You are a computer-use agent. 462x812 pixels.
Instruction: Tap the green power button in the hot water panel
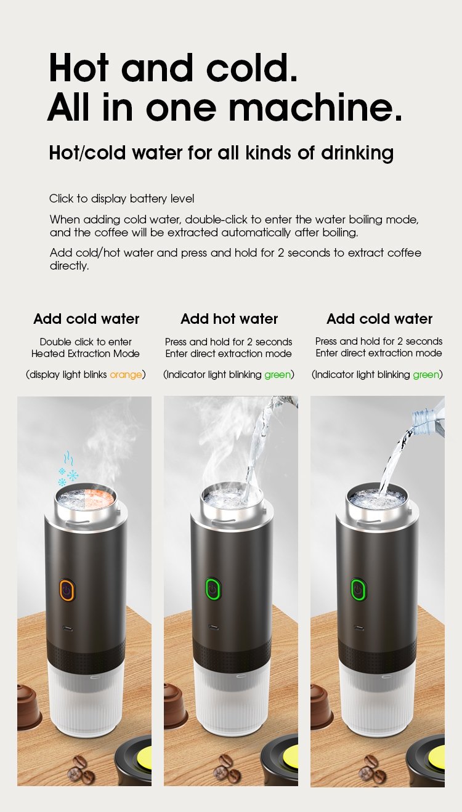click(x=213, y=589)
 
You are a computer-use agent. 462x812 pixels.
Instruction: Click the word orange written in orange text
click(x=126, y=375)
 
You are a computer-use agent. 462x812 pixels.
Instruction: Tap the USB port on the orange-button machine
click(x=67, y=630)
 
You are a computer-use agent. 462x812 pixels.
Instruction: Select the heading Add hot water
click(x=229, y=319)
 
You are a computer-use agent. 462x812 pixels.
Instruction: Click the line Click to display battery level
click(x=122, y=199)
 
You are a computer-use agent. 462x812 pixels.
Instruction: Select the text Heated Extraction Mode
click(x=86, y=354)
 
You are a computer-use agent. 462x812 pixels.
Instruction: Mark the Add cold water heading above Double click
click(x=86, y=319)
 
